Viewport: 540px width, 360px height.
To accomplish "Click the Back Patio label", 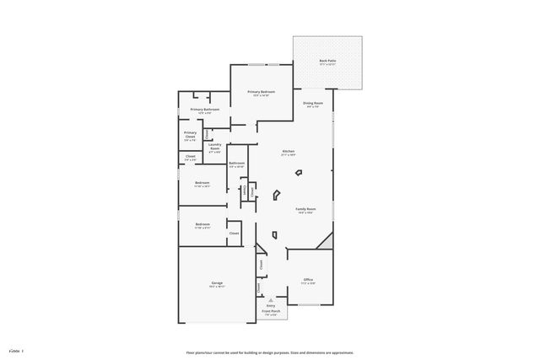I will pyautogui.click(x=327, y=62).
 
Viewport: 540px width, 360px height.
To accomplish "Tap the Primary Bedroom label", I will pyautogui.click(x=261, y=92).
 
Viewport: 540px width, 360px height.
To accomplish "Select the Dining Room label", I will pyautogui.click(x=312, y=103).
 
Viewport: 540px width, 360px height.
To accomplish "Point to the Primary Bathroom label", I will pyautogui.click(x=205, y=110).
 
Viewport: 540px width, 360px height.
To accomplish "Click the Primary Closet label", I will pyautogui.click(x=191, y=134).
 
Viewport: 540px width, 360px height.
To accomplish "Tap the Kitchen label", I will pyautogui.click(x=289, y=152).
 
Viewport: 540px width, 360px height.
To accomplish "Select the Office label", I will pyautogui.click(x=308, y=280).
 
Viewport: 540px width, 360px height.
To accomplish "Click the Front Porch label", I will pyautogui.click(x=271, y=311).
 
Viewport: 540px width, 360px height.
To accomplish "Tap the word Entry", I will pyautogui.click(x=271, y=305).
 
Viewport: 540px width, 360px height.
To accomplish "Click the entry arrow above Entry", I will pyautogui.click(x=271, y=299).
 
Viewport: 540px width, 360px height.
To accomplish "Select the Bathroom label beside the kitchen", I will pyautogui.click(x=236, y=163).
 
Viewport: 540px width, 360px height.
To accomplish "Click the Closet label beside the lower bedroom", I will pyautogui.click(x=235, y=233).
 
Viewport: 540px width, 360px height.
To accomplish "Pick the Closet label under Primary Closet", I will pyautogui.click(x=191, y=156).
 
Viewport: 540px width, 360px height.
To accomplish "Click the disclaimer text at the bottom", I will pyautogui.click(x=270, y=352).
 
